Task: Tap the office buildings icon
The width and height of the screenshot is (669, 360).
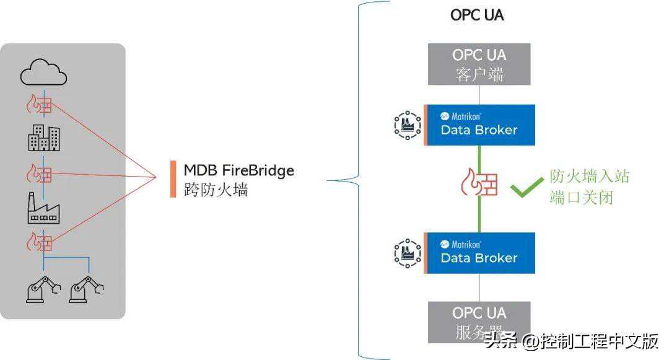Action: (44, 138)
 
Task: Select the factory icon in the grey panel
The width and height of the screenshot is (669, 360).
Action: (43, 208)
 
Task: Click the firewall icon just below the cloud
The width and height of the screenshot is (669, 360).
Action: (39, 105)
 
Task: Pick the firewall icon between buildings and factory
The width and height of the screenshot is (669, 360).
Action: (39, 173)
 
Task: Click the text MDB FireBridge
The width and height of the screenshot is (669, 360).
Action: (238, 170)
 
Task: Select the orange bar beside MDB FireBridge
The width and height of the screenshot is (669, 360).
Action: (173, 179)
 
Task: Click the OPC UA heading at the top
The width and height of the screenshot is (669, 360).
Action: (477, 15)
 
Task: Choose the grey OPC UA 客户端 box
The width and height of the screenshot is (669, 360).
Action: (479, 64)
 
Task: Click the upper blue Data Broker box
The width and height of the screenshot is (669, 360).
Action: (479, 125)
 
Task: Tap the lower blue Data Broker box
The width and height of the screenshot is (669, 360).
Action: (479, 252)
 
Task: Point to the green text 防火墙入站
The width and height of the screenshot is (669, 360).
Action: (589, 177)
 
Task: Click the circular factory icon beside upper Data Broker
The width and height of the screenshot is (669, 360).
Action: (407, 125)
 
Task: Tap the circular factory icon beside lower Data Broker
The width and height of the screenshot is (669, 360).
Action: (407, 252)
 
